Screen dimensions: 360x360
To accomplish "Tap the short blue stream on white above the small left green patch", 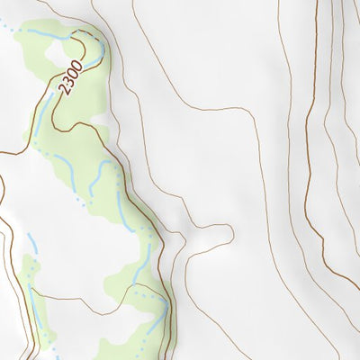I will point(31,241).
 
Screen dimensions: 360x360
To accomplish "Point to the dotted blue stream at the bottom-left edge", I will point(49,346).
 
